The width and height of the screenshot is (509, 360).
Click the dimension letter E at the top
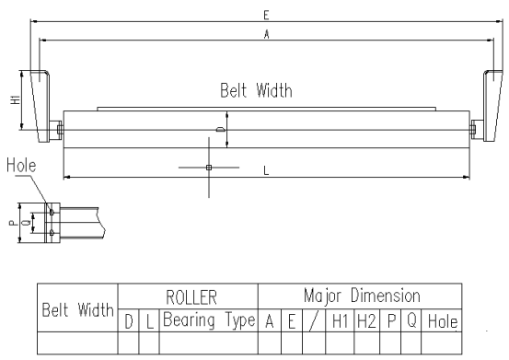266,16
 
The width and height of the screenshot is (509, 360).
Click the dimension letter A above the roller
267,34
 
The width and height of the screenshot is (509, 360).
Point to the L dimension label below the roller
266,170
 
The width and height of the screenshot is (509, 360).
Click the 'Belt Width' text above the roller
256,90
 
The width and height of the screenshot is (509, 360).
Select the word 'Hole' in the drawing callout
21,165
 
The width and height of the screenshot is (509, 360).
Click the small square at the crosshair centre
209,168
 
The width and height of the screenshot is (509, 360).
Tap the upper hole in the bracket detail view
52,212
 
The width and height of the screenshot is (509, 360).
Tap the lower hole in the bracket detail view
52,232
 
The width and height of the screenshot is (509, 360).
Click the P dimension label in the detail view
13,223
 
